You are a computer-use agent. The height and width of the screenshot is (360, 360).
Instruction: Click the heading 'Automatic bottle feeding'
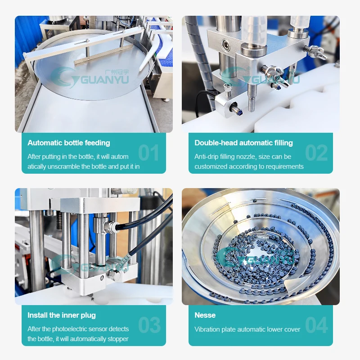click(68, 143)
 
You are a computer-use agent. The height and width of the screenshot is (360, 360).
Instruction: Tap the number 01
click(148, 153)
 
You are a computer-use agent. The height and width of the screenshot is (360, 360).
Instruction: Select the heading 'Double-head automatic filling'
click(243, 143)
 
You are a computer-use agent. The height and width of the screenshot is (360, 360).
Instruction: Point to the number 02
click(316, 153)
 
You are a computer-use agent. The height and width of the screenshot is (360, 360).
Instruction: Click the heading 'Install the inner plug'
click(61, 315)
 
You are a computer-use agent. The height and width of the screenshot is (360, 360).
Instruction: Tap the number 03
click(149, 325)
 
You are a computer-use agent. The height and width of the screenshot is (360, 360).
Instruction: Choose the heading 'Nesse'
click(205, 315)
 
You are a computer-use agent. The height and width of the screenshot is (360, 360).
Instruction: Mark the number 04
click(316, 325)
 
